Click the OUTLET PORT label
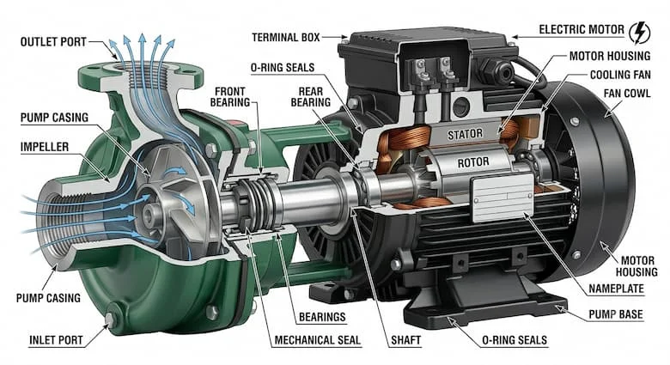pos(53,42)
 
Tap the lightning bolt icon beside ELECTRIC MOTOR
pos(640,33)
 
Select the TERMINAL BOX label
pos(286,38)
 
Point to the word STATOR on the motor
pos(465,135)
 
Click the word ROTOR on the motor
pos(473,162)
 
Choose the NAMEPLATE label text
pos(616,289)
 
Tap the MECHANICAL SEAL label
pos(318,340)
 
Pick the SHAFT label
pos(406,340)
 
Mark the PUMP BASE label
pos(616,314)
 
